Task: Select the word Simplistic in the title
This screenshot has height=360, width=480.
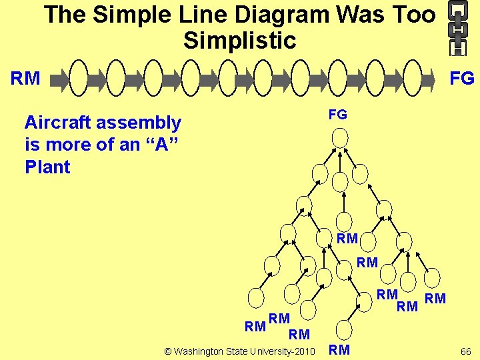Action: coord(239,41)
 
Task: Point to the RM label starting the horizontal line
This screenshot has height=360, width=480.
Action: coord(25,79)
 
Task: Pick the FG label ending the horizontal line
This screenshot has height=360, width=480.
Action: coord(462,79)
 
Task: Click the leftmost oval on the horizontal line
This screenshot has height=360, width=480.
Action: coord(79,79)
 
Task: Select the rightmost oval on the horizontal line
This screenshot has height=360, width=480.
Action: coord(414,79)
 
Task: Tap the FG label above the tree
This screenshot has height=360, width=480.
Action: coord(338,115)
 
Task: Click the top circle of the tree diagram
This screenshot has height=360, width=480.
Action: coord(340,138)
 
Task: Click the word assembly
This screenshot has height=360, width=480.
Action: coord(141,123)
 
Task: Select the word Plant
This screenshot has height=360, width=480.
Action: coord(47,167)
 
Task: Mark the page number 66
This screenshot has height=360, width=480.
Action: coord(465,350)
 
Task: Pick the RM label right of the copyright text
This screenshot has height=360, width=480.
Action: coord(339,350)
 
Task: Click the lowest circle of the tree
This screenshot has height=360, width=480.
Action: coord(343,330)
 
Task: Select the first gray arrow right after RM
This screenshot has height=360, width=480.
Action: coord(60,79)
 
